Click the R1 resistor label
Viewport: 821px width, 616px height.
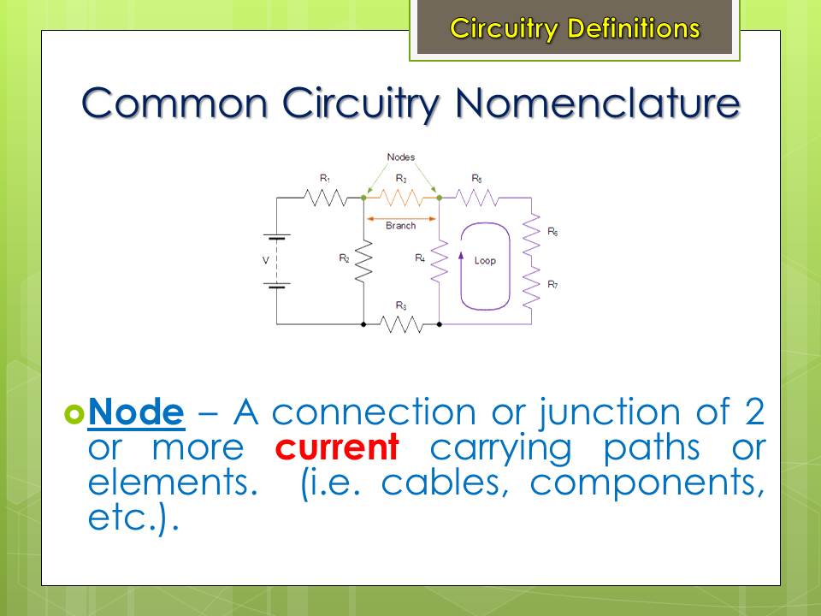click(325, 179)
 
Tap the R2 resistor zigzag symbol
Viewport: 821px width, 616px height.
click(363, 262)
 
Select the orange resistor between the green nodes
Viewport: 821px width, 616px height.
click(401, 198)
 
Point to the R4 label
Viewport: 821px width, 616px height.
click(420, 258)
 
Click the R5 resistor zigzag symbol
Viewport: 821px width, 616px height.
click(476, 198)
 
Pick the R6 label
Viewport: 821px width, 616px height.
click(552, 232)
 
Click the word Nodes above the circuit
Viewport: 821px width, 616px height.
click(400, 157)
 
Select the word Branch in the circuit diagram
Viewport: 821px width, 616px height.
click(400, 225)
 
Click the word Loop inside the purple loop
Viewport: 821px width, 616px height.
click(485, 260)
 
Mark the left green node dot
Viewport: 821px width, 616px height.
click(363, 198)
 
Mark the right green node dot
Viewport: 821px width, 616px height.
click(440, 198)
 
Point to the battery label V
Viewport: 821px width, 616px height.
click(265, 260)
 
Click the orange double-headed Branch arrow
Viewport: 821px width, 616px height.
click(401, 218)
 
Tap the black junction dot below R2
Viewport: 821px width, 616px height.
click(363, 325)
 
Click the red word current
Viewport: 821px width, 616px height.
click(337, 447)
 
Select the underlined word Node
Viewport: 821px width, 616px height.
click(136, 412)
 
